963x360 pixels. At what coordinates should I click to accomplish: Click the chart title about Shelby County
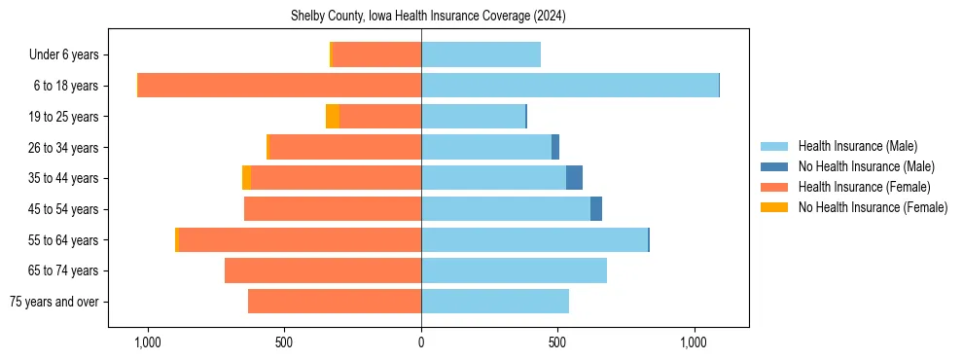428,17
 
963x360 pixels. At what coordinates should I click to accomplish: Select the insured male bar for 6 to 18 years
569,86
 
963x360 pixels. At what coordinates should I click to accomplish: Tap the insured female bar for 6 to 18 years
279,86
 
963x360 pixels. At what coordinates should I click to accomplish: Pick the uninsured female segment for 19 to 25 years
333,117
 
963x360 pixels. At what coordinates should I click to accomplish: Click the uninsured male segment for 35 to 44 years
574,178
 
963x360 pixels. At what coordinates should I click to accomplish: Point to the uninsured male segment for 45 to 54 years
596,209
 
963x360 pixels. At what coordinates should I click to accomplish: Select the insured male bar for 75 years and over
495,302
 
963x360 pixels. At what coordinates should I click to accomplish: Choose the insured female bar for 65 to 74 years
323,270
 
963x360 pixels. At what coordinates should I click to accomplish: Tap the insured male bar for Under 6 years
481,54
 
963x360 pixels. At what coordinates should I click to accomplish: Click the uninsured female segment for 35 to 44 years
246,178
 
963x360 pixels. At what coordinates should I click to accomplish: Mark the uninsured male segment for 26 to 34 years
555,147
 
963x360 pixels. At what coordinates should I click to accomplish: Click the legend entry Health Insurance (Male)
857,146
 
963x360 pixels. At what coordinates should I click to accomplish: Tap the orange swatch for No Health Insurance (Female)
774,207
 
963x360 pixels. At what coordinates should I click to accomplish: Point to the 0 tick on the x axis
421,342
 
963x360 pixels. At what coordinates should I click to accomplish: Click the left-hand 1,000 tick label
148,342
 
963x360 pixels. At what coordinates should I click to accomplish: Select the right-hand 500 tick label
557,342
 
